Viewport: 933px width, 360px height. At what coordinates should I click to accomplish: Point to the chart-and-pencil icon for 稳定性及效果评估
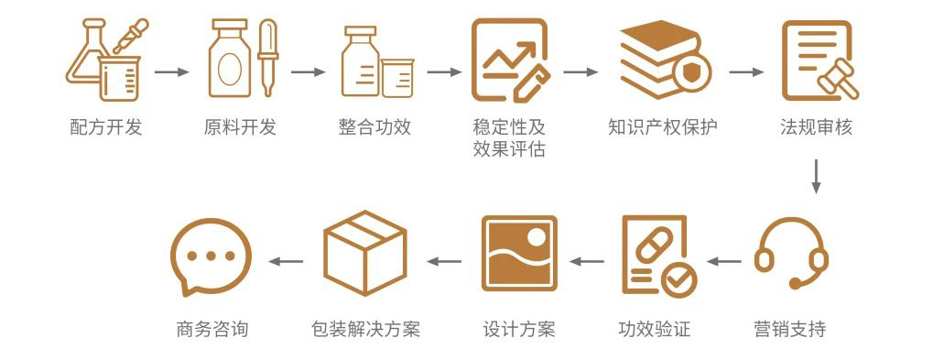tap(509, 60)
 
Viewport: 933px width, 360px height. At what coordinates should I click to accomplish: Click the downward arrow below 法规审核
tap(816, 176)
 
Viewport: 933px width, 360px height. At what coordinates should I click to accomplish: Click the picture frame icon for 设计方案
tap(519, 254)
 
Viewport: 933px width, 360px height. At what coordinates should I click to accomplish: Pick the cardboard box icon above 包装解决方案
tap(364, 255)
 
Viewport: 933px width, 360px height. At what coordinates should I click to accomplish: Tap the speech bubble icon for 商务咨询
tap(211, 257)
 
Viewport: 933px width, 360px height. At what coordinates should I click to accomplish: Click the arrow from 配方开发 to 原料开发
tap(171, 71)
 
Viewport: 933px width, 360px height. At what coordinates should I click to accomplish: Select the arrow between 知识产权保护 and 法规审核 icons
tap(746, 71)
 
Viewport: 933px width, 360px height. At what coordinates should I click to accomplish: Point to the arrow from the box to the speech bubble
tap(286, 261)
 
